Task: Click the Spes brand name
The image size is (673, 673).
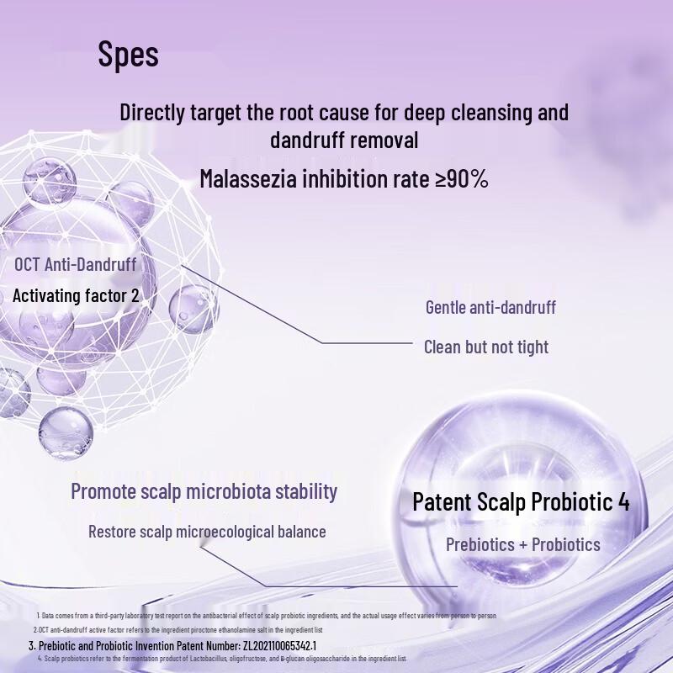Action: [128, 55]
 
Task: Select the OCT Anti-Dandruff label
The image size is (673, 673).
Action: [75, 264]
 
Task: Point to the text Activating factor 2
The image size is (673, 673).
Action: [76, 295]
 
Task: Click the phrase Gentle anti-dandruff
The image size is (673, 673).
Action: [490, 307]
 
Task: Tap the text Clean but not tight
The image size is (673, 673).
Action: [485, 347]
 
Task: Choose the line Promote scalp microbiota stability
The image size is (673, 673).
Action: [204, 490]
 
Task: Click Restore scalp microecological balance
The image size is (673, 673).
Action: [207, 532]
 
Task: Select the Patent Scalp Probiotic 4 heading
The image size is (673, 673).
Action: [521, 502]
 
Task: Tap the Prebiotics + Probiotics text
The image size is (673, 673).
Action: [522, 544]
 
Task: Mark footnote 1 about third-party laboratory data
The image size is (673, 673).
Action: [269, 616]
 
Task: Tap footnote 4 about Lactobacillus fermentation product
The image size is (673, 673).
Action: [223, 659]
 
